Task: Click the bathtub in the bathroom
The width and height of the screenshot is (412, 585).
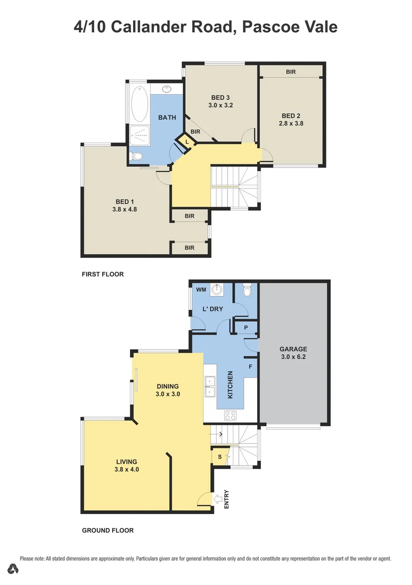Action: (x=139, y=103)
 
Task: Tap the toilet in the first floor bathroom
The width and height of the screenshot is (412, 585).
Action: (x=137, y=157)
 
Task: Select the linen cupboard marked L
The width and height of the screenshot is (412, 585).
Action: (x=187, y=141)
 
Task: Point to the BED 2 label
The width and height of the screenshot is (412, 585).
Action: (x=291, y=115)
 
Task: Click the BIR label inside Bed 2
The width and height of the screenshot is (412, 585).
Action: (x=291, y=71)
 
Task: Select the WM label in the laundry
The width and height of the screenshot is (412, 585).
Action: (x=201, y=290)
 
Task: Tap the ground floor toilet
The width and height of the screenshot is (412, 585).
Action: (x=247, y=291)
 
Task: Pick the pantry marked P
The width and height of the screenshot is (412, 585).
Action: (x=245, y=328)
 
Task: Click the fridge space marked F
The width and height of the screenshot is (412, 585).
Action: (x=250, y=367)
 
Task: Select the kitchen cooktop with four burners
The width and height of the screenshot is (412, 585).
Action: (x=230, y=415)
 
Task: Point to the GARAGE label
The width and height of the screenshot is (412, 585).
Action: (x=293, y=349)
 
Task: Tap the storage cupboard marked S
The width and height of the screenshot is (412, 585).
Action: (x=219, y=456)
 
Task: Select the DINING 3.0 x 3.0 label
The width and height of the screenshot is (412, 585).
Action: (x=167, y=390)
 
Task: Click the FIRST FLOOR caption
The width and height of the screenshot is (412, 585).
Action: (x=103, y=274)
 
